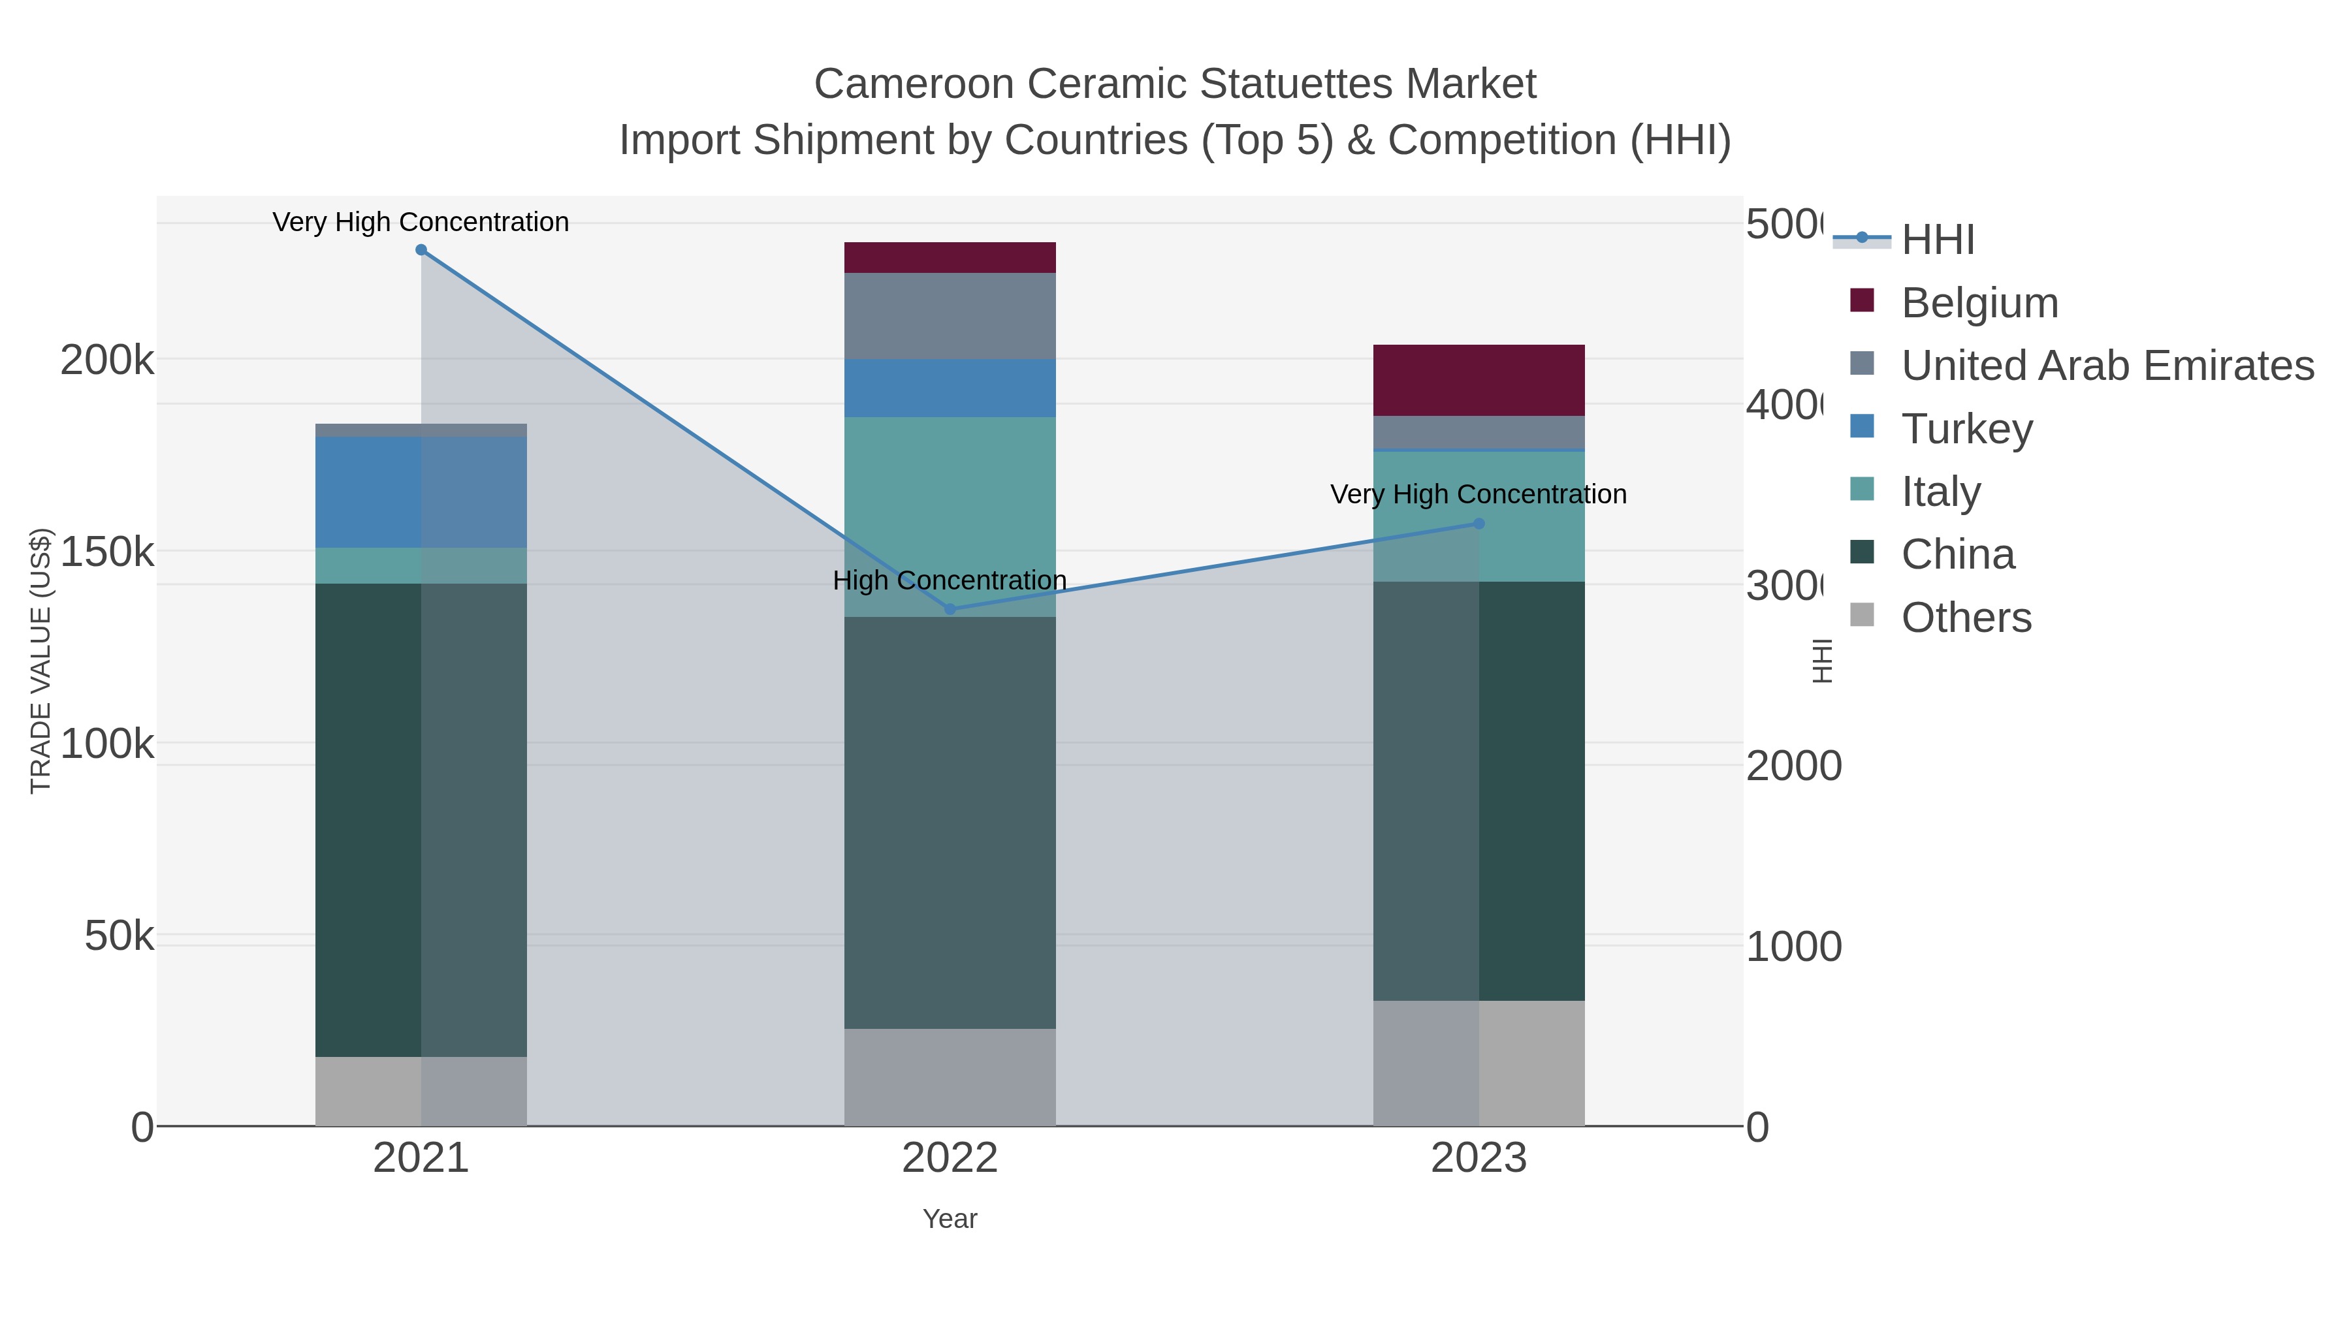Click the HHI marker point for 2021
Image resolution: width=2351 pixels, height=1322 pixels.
(x=421, y=250)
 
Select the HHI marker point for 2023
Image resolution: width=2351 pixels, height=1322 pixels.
(x=1479, y=524)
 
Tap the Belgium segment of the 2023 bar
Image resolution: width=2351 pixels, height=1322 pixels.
(x=1479, y=381)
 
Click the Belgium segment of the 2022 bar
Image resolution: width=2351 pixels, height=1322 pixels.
(x=950, y=257)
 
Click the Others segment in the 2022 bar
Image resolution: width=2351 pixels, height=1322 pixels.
(x=950, y=1077)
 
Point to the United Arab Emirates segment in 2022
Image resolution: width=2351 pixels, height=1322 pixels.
(x=950, y=316)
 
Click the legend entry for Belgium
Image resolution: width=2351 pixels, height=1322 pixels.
(x=1979, y=302)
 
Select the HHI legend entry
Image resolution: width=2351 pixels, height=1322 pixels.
(x=1938, y=239)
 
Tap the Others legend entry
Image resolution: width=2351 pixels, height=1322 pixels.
(x=1966, y=617)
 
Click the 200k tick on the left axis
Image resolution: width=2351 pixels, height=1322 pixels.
(x=107, y=361)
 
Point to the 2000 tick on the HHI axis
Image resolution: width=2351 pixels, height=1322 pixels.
(x=1793, y=766)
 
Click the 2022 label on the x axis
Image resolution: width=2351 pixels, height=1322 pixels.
(x=950, y=1157)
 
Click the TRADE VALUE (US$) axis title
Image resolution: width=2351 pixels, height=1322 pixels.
(x=40, y=661)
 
